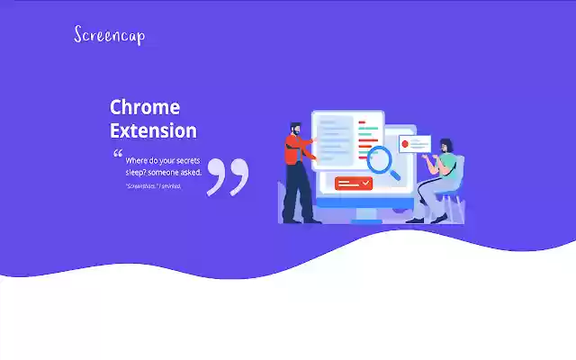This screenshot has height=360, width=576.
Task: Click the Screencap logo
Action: pos(109,35)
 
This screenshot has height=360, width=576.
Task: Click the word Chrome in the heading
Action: pos(145,107)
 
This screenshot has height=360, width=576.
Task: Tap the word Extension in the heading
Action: pos(153,130)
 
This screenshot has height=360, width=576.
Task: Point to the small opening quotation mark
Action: pos(117,154)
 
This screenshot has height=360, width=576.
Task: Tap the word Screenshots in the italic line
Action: pos(141,186)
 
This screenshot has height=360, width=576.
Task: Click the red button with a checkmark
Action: pos(354,184)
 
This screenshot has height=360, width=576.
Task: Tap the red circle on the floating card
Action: pos(406,143)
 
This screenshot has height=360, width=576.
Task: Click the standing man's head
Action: pos(295,130)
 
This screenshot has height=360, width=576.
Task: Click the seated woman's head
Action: pos(445,146)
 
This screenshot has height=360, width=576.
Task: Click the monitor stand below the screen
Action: pos(365,214)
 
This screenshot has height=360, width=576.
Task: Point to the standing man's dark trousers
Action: pos(296,193)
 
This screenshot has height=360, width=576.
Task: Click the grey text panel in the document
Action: pos(334,139)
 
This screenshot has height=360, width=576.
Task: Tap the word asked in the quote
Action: pos(191,171)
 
